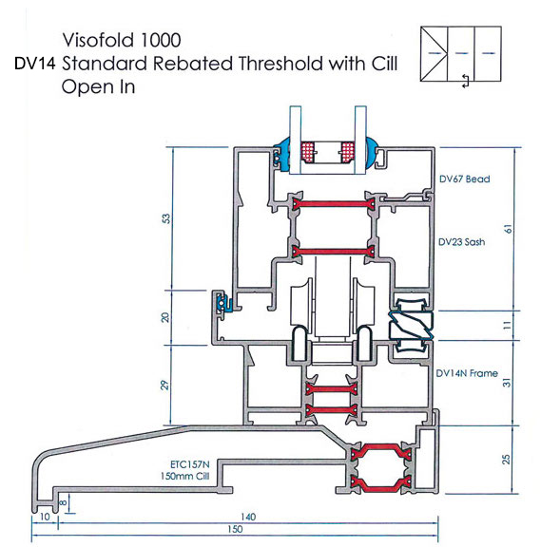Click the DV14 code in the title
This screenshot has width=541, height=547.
[x=34, y=64]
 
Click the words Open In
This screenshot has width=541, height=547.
[x=98, y=86]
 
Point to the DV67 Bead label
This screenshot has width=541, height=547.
[x=465, y=179]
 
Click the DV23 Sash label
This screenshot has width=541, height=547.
[x=461, y=242]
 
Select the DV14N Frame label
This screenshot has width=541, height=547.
[x=467, y=373]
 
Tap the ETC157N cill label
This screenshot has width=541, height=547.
[x=190, y=464]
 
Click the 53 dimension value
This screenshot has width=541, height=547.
[x=167, y=218]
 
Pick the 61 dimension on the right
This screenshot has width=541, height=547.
[x=508, y=229]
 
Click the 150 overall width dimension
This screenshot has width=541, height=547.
[x=235, y=529]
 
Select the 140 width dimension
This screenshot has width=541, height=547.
[x=248, y=517]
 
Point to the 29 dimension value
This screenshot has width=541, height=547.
[x=165, y=385]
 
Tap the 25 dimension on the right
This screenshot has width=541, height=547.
[x=506, y=459]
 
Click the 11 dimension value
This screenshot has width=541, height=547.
[x=508, y=325]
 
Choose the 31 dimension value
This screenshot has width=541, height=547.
[x=507, y=383]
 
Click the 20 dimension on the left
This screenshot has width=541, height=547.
[x=165, y=317]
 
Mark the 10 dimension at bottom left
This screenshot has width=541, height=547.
[x=45, y=517]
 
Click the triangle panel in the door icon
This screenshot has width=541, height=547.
[x=434, y=54]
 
